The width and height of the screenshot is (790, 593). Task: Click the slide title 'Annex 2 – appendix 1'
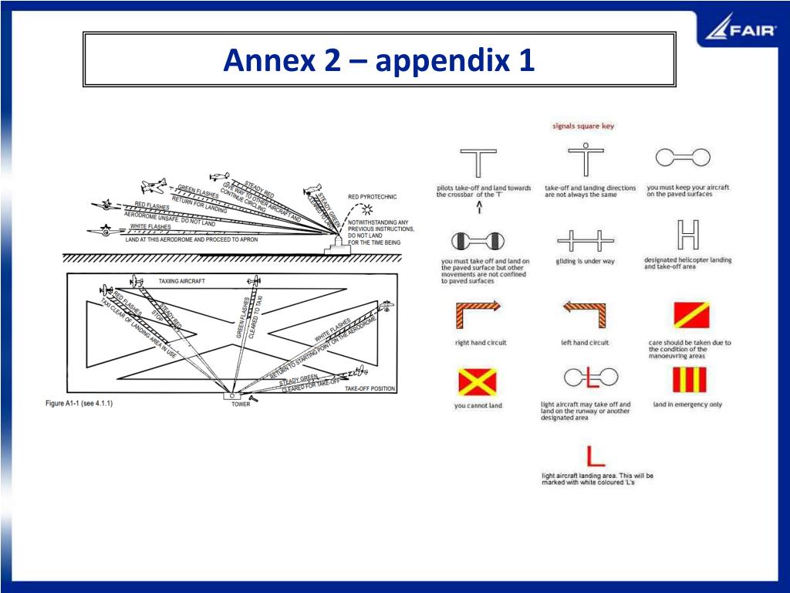[x=379, y=59]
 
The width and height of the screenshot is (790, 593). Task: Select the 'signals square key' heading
[x=583, y=126]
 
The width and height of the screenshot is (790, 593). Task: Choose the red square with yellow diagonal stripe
[x=689, y=313]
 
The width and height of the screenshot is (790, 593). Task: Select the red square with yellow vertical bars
[x=689, y=380]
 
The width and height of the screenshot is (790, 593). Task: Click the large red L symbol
[x=595, y=455]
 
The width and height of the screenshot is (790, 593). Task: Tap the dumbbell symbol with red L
[x=591, y=378]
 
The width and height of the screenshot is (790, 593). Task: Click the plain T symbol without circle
[x=478, y=163]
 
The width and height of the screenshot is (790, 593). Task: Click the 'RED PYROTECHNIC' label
[x=372, y=197]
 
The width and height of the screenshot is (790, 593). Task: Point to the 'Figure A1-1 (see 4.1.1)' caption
[x=79, y=403]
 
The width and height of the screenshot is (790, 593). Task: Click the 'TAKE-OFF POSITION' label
[x=370, y=388]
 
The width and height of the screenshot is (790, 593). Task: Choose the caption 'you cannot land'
[x=478, y=405]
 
